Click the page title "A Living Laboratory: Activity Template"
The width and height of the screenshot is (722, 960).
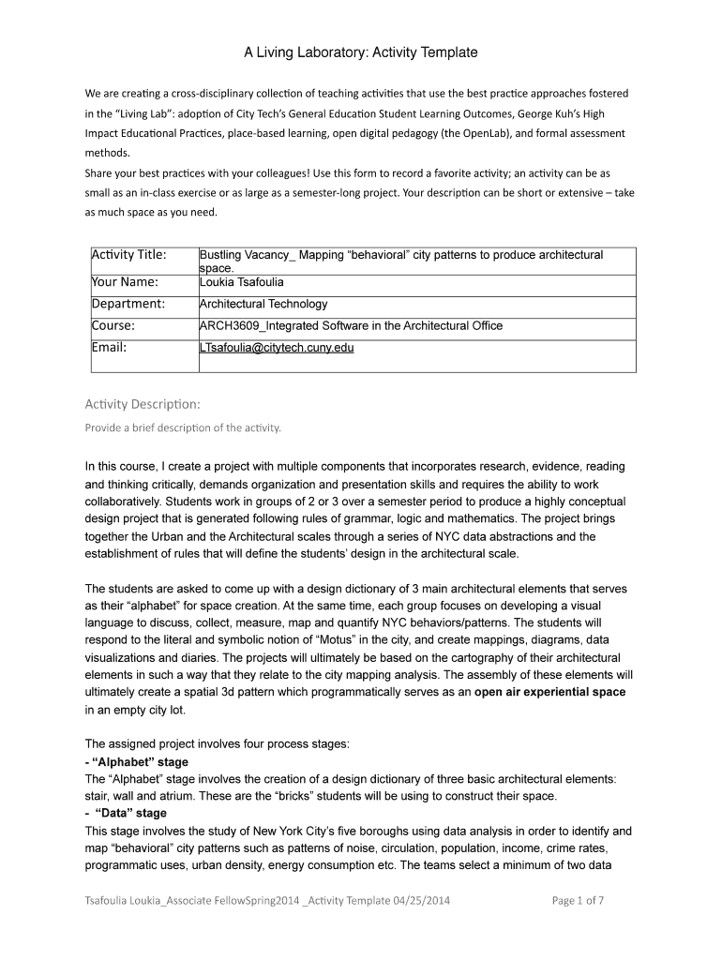[x=361, y=53]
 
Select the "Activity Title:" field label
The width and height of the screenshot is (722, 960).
[x=128, y=255]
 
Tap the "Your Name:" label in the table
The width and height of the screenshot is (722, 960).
[x=125, y=280]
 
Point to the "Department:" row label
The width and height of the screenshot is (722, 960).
[x=128, y=304]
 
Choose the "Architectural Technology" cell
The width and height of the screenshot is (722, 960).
[x=263, y=304]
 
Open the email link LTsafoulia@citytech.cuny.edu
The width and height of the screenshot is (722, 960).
[x=277, y=348]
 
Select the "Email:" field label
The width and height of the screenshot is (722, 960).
[x=109, y=348]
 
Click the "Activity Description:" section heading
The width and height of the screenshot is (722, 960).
[x=143, y=404]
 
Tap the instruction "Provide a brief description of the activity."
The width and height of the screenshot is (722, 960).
[x=183, y=428]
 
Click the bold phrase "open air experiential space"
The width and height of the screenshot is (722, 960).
[x=550, y=692]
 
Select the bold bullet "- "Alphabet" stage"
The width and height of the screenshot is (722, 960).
[x=136, y=762]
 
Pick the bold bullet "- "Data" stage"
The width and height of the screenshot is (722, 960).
[x=126, y=814]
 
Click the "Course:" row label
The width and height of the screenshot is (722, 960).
[x=113, y=326]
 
